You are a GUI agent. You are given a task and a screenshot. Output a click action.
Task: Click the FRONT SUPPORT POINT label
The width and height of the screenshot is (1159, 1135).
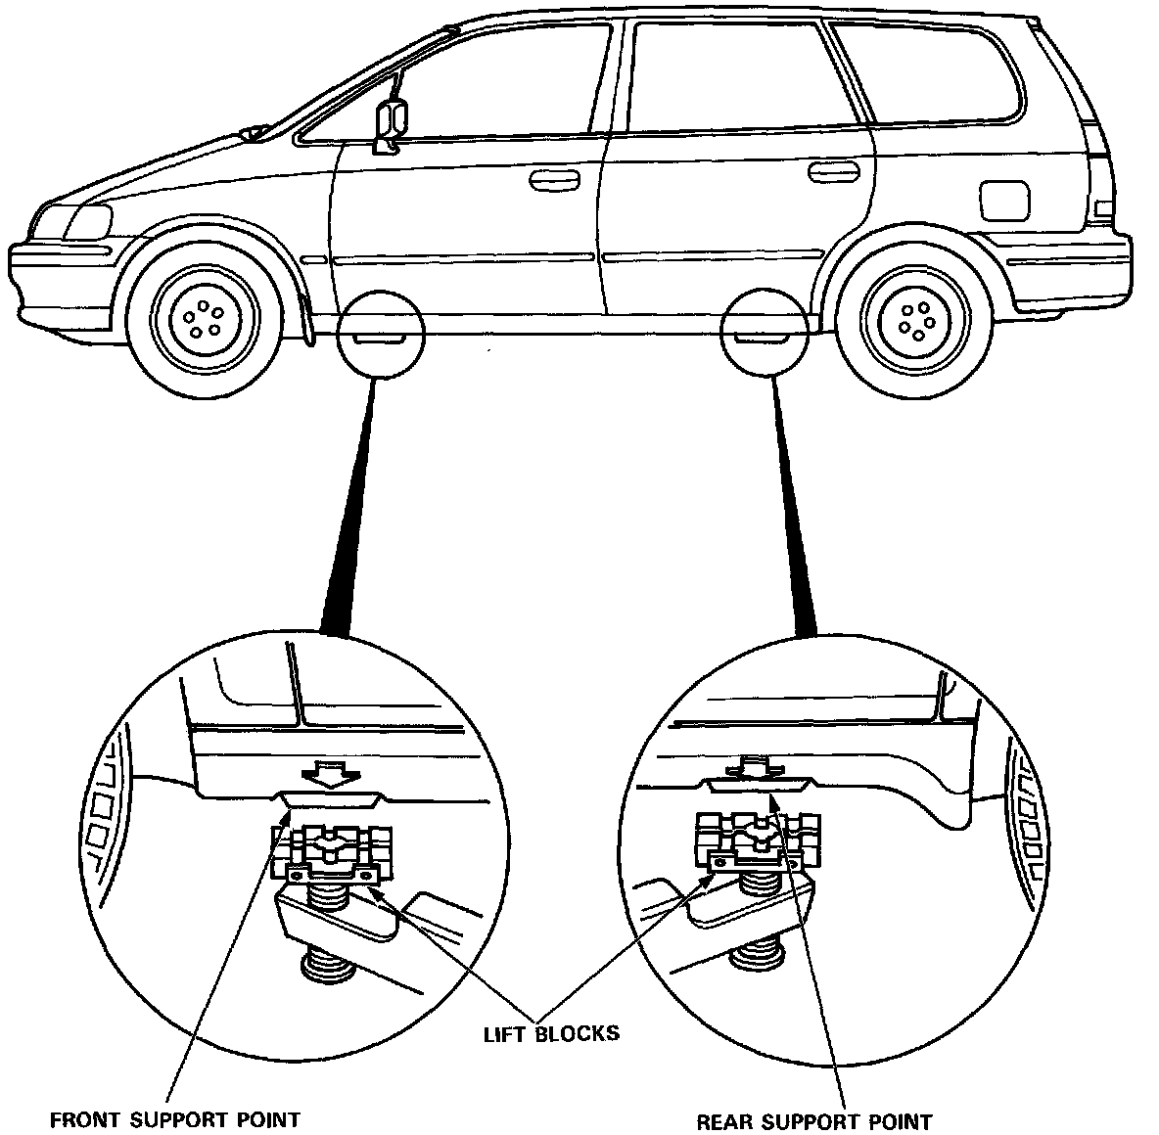pos(174,1118)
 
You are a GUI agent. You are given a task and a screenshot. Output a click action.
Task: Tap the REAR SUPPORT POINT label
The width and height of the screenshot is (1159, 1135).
pos(813,1120)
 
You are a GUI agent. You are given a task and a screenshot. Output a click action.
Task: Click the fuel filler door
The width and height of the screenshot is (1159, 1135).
pos(1003,200)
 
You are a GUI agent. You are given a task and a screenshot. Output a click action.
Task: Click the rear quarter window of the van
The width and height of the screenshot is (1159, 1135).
pos(925,72)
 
